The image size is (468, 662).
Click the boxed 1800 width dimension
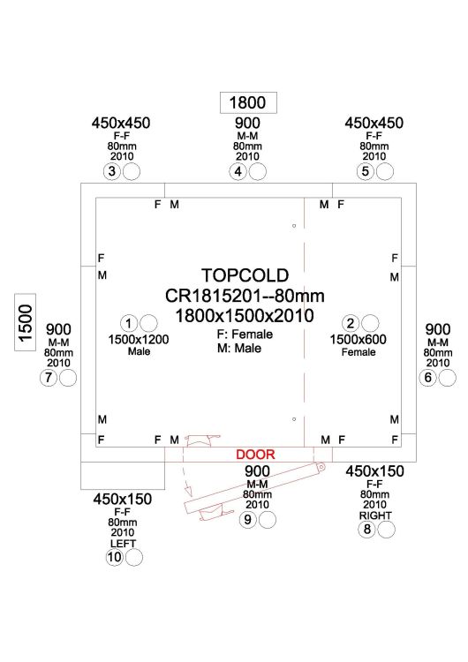[248, 102]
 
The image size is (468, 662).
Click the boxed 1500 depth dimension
[26, 322]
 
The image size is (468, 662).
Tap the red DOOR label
[255, 455]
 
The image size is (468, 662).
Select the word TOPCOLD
[245, 275]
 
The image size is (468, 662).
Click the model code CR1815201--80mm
[245, 296]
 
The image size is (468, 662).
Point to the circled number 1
[129, 323]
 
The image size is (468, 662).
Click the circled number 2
[351, 323]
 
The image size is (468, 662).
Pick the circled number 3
[112, 171]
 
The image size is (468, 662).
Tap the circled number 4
[238, 171]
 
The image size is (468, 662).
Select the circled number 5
[366, 171]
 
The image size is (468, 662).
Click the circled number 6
[428, 378]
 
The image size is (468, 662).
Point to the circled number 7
[49, 378]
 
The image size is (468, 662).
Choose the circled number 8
[367, 529]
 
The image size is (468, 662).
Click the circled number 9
[248, 520]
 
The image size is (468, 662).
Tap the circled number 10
[115, 557]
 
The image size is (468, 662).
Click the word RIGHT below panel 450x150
[375, 515]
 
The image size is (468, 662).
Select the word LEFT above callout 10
[123, 544]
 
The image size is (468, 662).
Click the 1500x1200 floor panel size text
[139, 340]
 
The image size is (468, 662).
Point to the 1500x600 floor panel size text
[359, 340]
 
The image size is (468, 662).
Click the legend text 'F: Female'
[245, 335]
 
